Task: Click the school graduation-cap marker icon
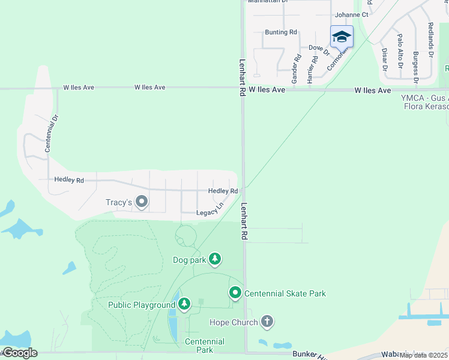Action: (342, 37)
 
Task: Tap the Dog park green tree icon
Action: (215, 260)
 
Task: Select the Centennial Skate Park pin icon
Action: (235, 293)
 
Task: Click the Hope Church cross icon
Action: (267, 322)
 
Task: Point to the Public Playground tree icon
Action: (184, 305)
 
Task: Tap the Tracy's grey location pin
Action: (142, 202)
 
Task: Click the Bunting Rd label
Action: (280, 32)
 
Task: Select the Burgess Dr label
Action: (415, 66)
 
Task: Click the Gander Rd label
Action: (295, 69)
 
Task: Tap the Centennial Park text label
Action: (204, 346)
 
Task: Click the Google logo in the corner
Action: (19, 353)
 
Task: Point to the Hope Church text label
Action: (234, 322)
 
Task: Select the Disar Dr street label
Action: (384, 59)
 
